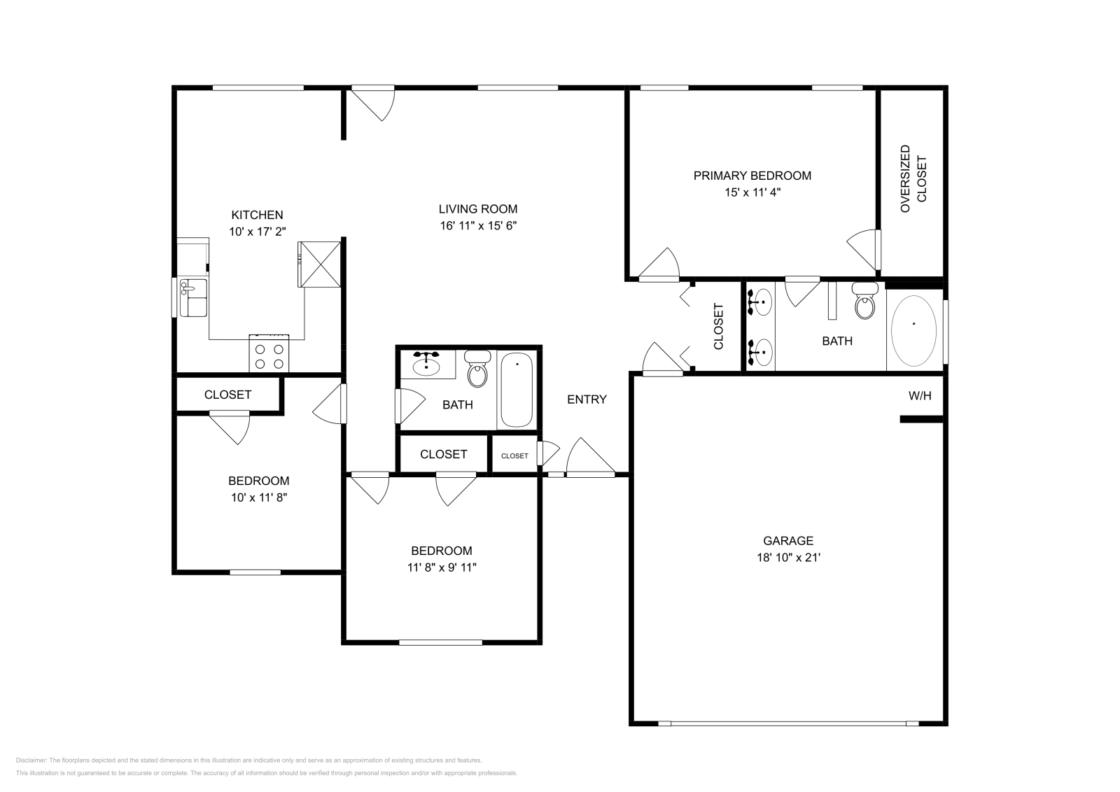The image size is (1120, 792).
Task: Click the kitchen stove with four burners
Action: pyautogui.click(x=269, y=353)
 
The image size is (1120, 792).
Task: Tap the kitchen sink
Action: pyautogui.click(x=192, y=297)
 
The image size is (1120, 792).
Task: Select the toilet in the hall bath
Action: pyautogui.click(x=478, y=369)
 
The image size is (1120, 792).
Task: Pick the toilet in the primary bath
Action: pyautogui.click(x=866, y=302)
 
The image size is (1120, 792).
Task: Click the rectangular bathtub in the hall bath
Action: pyautogui.click(x=517, y=390)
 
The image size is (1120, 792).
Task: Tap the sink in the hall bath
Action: pyautogui.click(x=426, y=365)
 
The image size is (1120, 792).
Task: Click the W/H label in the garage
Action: pyautogui.click(x=920, y=396)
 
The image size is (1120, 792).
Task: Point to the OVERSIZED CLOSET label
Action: pyautogui.click(x=913, y=179)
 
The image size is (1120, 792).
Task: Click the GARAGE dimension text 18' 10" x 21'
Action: pyautogui.click(x=787, y=558)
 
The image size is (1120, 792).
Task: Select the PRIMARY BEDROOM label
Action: pyautogui.click(x=752, y=176)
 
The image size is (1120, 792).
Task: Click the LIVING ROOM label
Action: pyautogui.click(x=477, y=208)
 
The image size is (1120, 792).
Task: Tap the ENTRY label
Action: pyautogui.click(x=587, y=399)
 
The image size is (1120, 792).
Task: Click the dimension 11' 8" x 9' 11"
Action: pyautogui.click(x=441, y=567)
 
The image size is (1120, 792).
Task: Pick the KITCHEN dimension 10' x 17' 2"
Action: pyautogui.click(x=258, y=232)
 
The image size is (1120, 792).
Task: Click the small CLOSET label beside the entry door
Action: pyautogui.click(x=514, y=455)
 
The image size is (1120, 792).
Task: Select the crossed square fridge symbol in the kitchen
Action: pyautogui.click(x=320, y=264)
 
